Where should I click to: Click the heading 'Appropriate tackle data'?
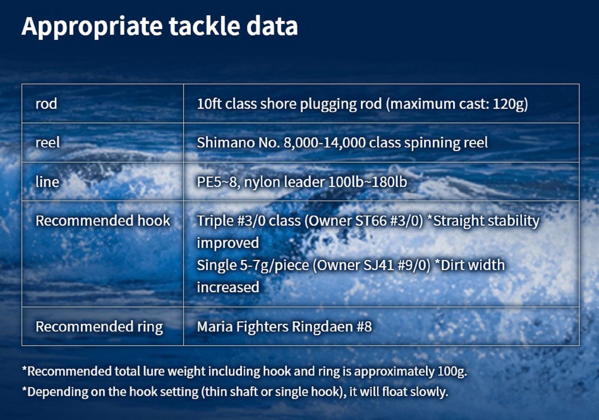160,27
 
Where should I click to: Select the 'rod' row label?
46,104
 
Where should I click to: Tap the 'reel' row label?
48,142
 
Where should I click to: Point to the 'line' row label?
47,182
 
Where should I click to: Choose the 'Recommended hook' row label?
103,221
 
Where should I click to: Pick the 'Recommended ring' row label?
99,326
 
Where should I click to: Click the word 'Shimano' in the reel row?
226,142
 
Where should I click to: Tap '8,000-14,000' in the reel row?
324,143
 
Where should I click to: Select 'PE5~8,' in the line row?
218,182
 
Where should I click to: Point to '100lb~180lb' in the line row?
368,182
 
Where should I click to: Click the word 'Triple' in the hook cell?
215,221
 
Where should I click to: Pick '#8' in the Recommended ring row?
364,326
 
